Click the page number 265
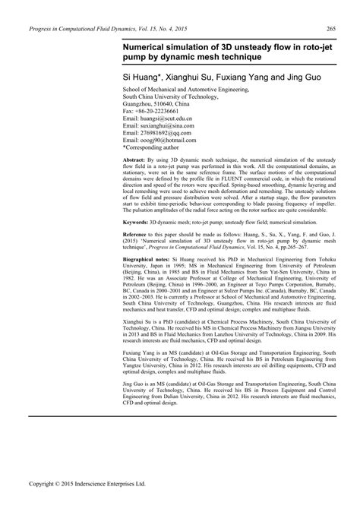331,29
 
